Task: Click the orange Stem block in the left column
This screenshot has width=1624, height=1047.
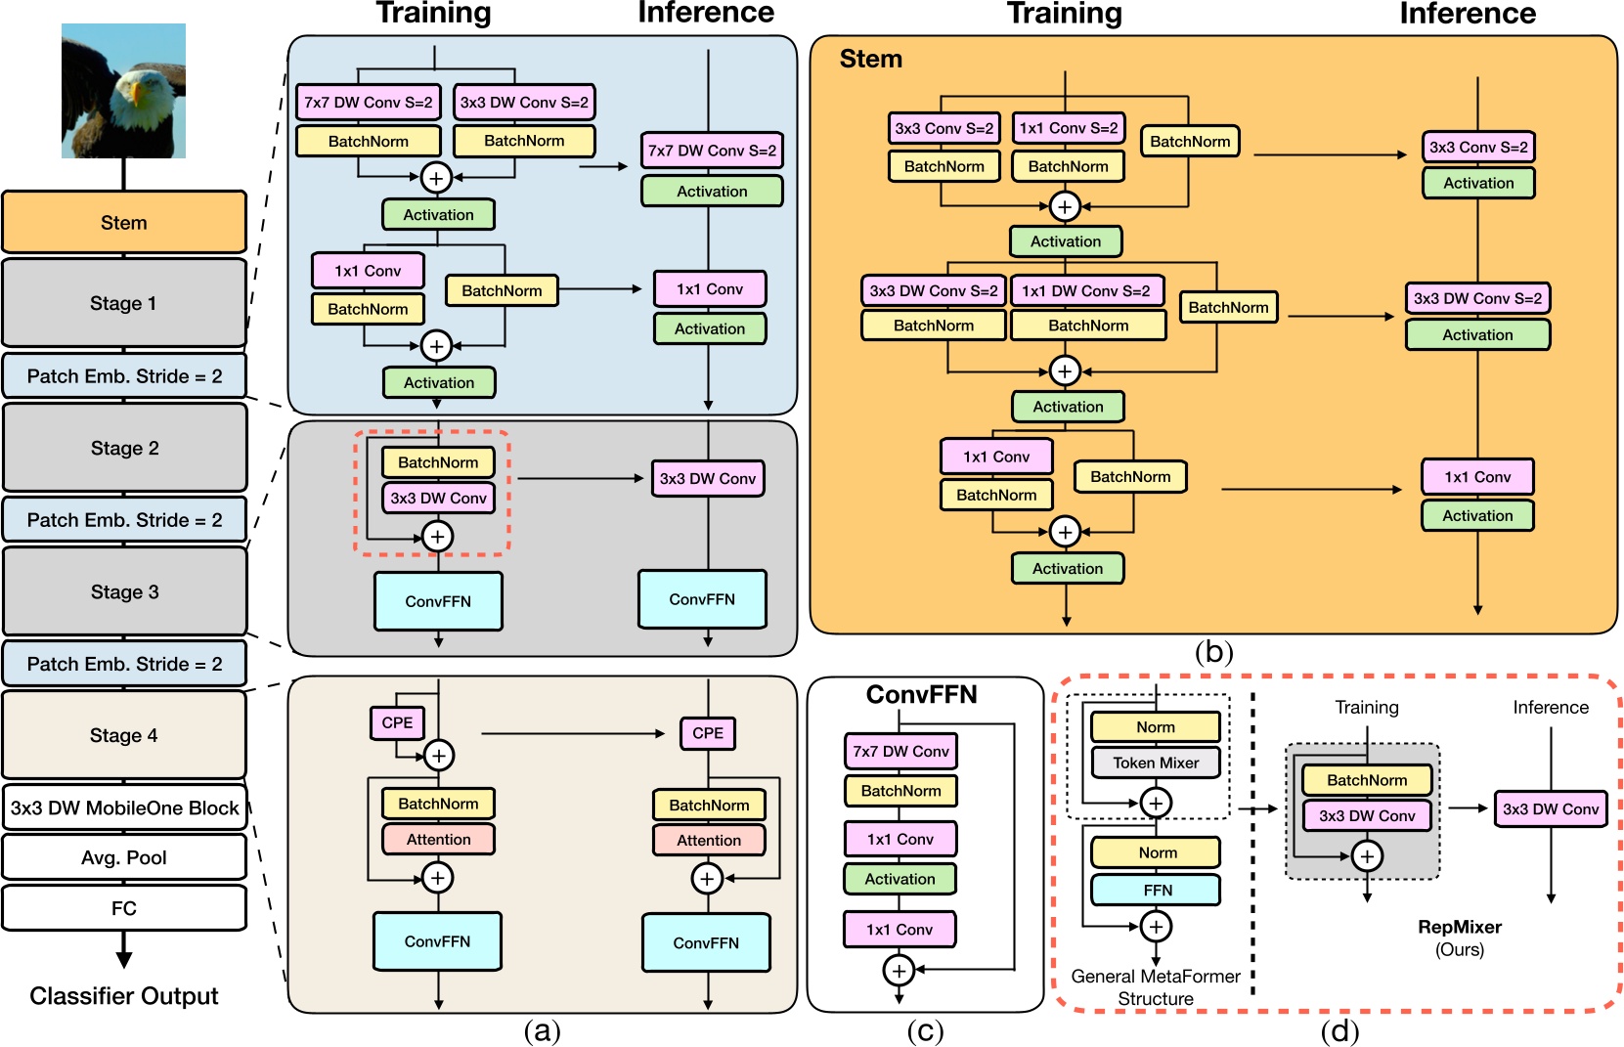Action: coord(123,223)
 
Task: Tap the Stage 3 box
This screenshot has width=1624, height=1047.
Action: coord(124,591)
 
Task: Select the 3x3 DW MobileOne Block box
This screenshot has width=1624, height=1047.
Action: coord(124,807)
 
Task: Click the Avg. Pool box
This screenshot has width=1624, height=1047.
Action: coord(124,857)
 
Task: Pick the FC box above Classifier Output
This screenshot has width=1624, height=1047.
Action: coord(124,908)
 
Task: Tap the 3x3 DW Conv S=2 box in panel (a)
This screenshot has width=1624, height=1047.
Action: coord(524,103)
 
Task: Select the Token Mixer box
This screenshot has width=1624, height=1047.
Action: coord(1155,763)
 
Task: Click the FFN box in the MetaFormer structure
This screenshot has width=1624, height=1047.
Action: coord(1157,890)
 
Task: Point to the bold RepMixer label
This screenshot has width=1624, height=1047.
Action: coord(1459,927)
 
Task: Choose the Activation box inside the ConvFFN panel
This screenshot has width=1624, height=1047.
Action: coord(900,879)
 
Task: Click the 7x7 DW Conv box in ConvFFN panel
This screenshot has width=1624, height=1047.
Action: coord(900,751)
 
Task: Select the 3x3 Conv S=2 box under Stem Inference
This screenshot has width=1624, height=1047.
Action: coord(1477,147)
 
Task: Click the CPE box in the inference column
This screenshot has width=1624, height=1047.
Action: coord(707,733)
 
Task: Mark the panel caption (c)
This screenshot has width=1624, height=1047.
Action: coord(924,1030)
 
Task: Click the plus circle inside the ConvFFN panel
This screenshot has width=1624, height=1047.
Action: coord(899,970)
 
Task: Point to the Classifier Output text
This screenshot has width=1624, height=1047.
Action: coord(124,996)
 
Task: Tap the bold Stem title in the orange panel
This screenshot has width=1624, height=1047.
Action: coord(870,60)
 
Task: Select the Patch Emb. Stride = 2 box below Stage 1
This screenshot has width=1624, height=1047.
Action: coord(124,376)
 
